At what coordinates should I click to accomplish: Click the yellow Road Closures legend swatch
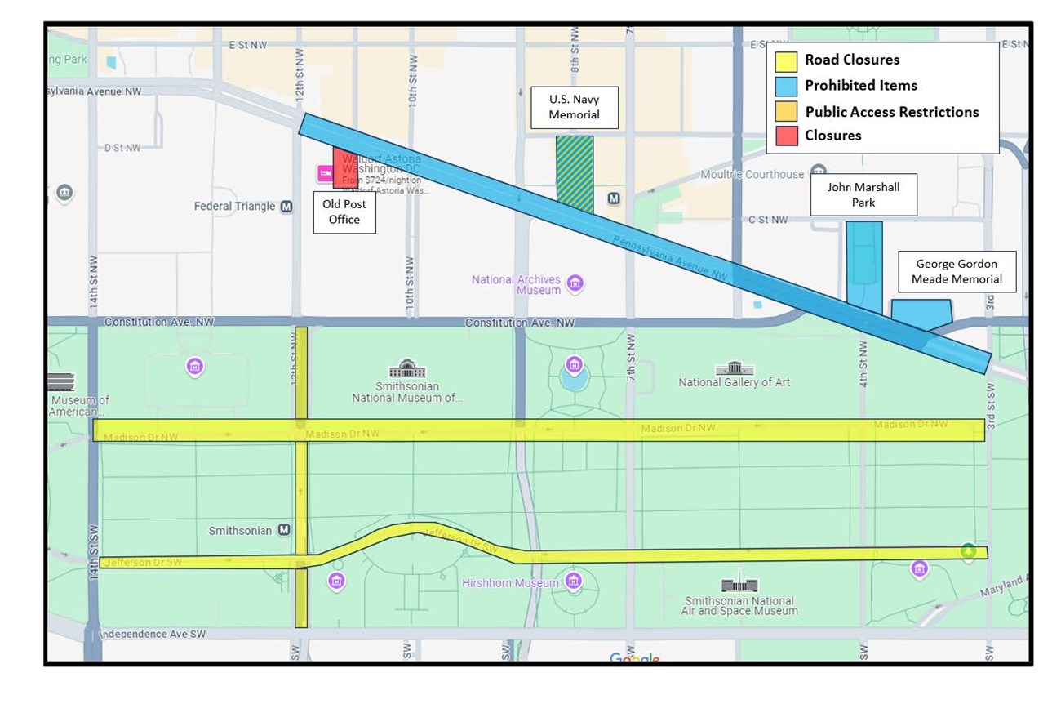coord(786,61)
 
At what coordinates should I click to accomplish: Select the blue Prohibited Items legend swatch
coord(786,86)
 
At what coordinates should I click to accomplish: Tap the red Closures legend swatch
coord(786,136)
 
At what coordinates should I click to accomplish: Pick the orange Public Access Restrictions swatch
coord(786,111)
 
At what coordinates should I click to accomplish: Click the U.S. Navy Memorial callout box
coord(574,107)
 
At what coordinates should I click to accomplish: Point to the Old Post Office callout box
coord(344,212)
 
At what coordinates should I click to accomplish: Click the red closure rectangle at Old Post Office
coord(344,167)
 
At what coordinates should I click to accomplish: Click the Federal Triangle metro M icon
coord(286,207)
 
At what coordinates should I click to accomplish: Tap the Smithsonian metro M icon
coord(284,530)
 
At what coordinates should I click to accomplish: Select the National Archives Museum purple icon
coord(575,283)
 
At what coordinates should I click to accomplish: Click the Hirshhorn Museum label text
coord(509,583)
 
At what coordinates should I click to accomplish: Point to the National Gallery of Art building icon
coord(729,368)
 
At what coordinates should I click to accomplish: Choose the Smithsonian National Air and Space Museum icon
coord(739,585)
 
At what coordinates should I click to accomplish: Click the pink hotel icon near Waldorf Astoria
coord(324,173)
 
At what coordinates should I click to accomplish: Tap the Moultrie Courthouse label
coord(752,174)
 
